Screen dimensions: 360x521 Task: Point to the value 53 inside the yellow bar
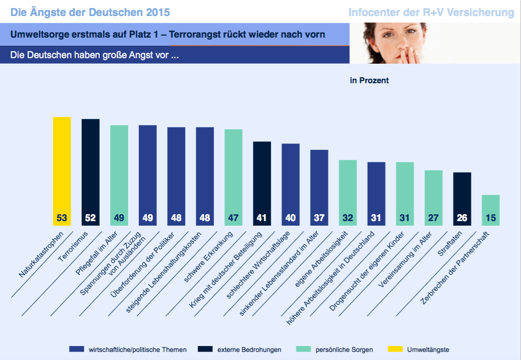coord(62,219)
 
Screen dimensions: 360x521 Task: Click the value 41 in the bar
coord(262,219)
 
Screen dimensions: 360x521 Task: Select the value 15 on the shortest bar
coord(490,219)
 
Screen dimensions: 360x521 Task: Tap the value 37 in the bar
coord(319,219)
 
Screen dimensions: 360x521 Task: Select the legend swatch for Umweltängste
coord(395,349)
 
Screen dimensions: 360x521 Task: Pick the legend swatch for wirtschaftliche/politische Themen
coord(77,349)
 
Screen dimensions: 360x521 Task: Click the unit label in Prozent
coord(369,80)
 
